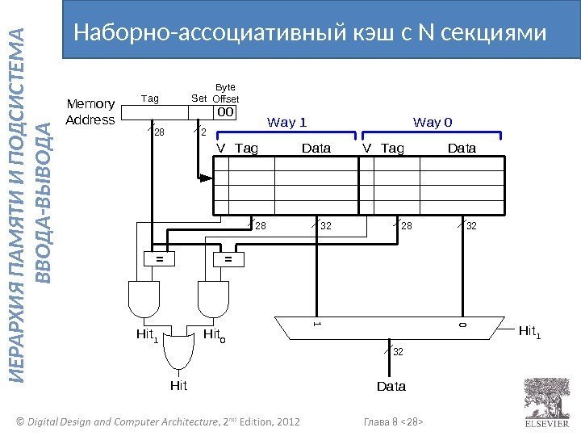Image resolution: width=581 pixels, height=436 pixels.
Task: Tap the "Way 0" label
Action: pos(433,123)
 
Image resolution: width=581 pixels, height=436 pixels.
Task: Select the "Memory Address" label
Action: pos(90,111)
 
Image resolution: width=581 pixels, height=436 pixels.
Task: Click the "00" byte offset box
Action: pos(226,112)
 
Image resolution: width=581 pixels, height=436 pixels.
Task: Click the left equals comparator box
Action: pos(160,259)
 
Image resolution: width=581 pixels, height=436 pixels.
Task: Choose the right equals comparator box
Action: pos(228,259)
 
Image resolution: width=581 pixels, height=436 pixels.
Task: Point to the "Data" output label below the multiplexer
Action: pos(391,387)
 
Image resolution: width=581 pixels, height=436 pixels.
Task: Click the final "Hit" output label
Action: pos(178,386)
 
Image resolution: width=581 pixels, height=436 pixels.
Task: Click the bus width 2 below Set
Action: pos(203,132)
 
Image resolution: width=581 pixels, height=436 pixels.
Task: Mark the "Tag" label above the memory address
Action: pos(151,99)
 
